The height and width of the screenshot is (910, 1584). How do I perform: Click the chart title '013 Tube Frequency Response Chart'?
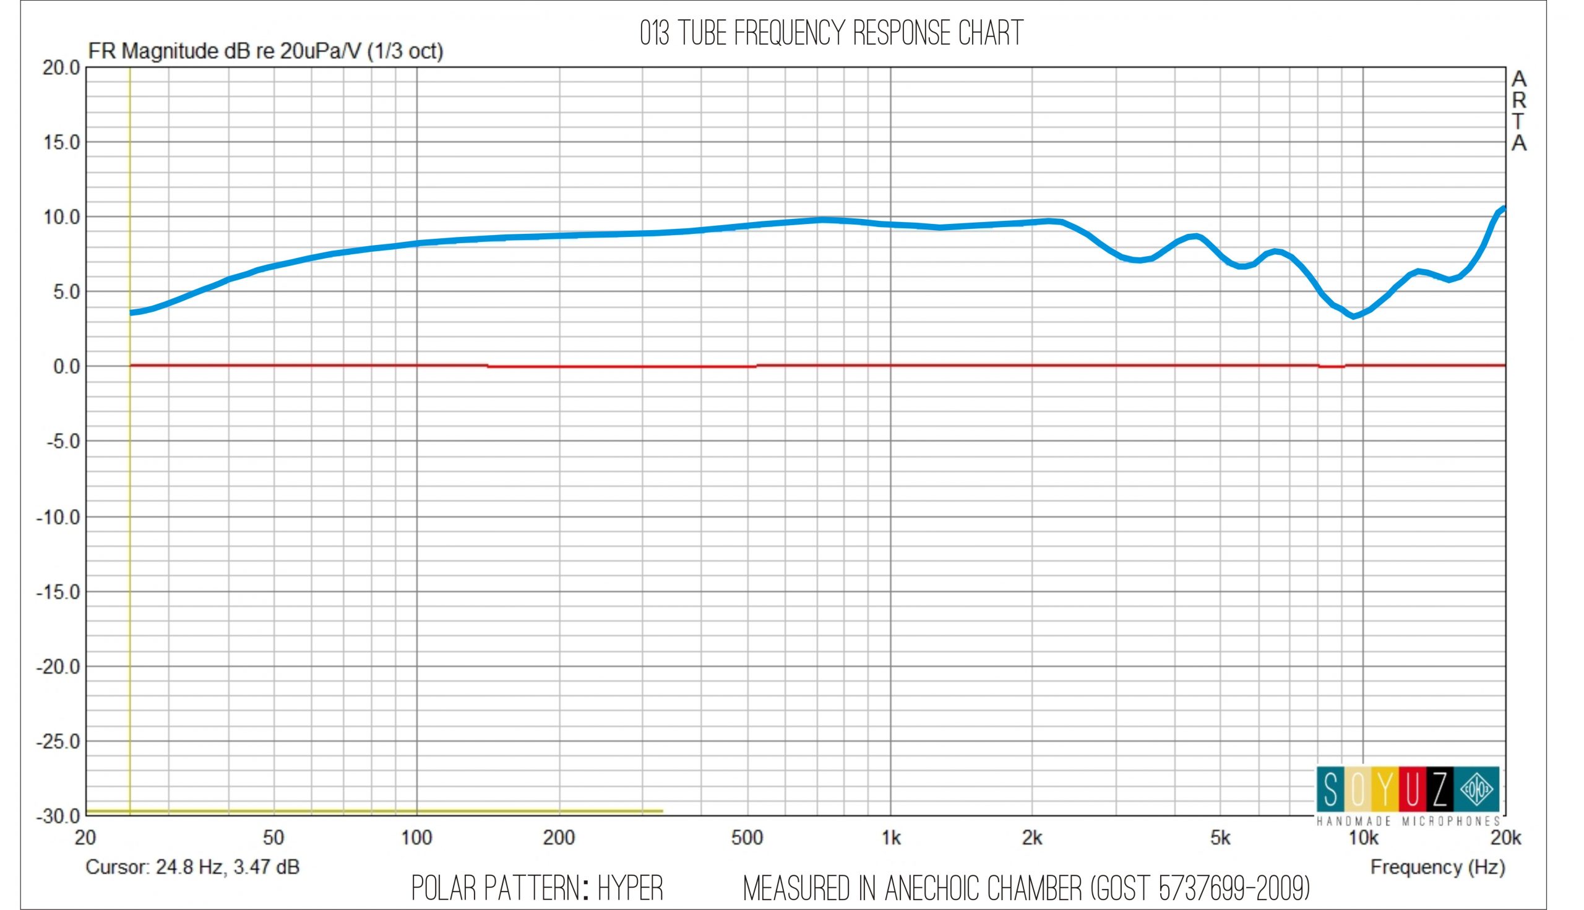coord(831,33)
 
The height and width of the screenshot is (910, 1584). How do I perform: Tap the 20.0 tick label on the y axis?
coord(61,67)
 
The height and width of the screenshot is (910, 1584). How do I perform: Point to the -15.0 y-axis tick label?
coord(58,592)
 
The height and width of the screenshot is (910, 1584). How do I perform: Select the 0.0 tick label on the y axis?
coord(66,367)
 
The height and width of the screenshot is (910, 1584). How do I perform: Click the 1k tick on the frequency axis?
coord(891,838)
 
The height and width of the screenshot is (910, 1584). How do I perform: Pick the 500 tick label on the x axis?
coord(747,838)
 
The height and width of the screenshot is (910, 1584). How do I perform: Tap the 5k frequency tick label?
coord(1220,838)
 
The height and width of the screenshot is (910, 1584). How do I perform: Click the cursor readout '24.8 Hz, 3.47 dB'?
coord(228,867)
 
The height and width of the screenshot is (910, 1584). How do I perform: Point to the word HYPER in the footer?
coord(630,889)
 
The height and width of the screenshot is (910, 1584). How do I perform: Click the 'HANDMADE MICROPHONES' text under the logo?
coord(1408,822)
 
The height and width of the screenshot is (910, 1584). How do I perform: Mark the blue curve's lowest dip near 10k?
coord(1354,316)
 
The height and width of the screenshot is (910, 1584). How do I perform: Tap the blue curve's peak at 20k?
coord(1503,208)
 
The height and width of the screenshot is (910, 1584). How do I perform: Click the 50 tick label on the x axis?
coord(273,838)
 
